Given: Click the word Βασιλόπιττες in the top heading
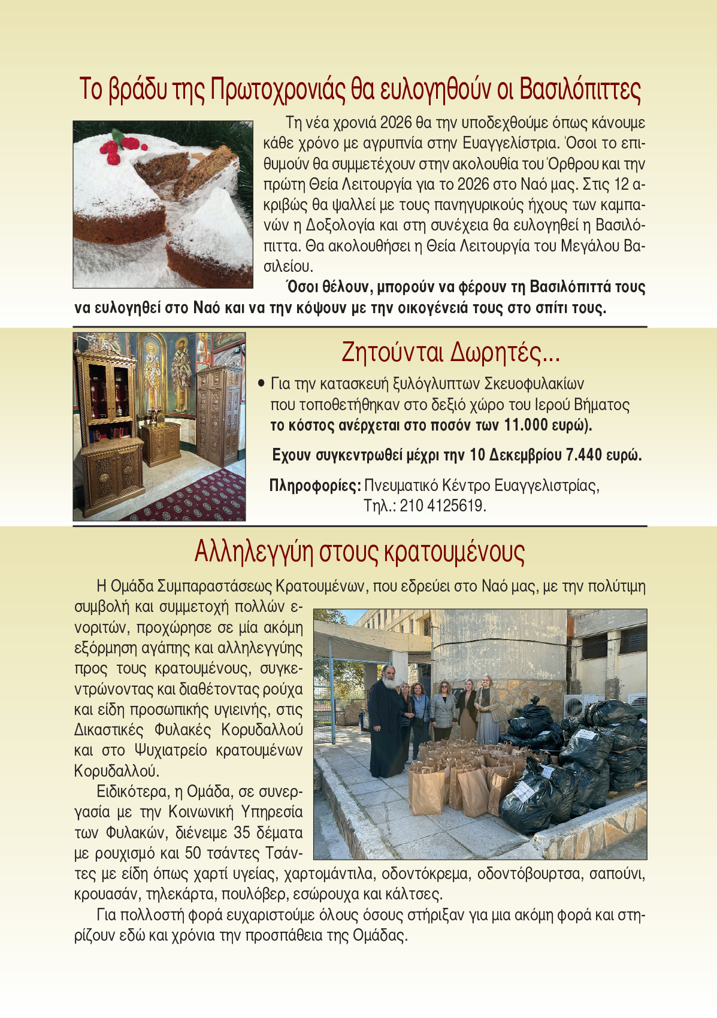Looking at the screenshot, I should (x=580, y=90).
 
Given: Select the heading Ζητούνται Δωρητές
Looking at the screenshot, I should (x=450, y=352).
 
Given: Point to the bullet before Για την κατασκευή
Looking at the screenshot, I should (x=261, y=383).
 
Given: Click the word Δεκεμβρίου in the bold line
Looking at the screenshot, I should (x=524, y=455).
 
